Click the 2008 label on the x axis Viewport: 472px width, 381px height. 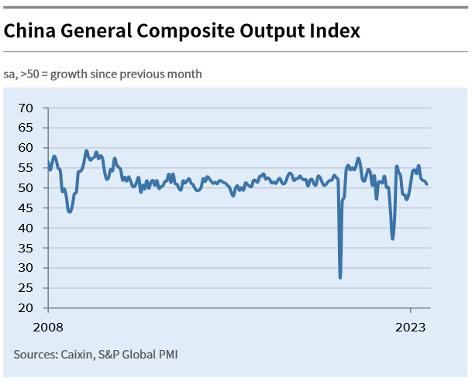(48, 327)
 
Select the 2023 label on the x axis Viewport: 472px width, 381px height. (411, 327)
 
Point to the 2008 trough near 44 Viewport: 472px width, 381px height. (70, 211)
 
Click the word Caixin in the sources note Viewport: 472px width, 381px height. (77, 355)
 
